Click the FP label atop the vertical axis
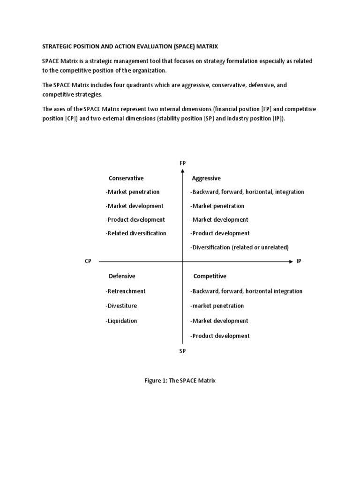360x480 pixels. coord(182,163)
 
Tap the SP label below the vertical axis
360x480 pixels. coord(182,351)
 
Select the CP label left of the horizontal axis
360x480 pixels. coord(88,261)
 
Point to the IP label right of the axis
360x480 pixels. coord(299,261)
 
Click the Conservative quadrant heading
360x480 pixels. coord(126,178)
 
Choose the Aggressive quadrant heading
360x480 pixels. coord(207,178)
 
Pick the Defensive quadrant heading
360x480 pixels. coord(122,276)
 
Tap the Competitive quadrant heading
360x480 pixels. coord(210,276)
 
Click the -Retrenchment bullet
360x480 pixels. coord(126,291)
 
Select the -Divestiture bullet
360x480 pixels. coord(121,306)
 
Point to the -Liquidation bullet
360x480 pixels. coord(121,321)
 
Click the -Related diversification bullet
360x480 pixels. coord(136,233)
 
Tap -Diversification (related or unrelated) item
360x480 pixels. coord(239,247)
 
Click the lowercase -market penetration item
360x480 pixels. coord(217,306)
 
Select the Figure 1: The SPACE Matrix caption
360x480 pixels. coord(180,381)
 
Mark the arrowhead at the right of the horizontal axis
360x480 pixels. coord(290,262)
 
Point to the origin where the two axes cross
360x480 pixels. coord(182,262)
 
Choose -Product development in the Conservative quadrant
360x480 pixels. coord(135,219)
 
